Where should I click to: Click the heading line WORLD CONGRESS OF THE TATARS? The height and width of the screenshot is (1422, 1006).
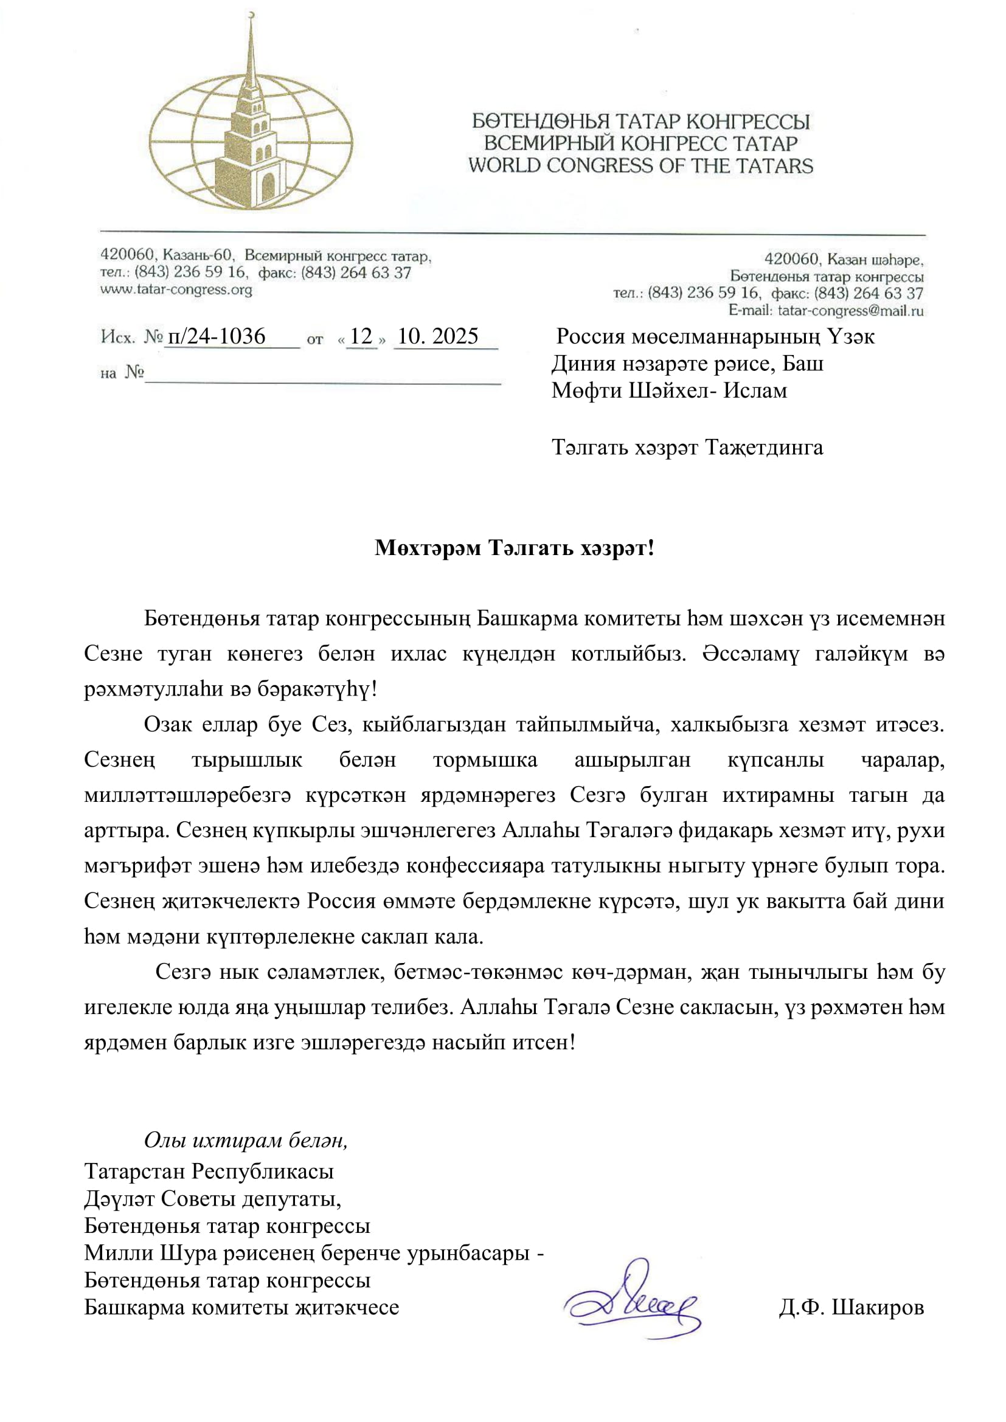pyautogui.click(x=640, y=166)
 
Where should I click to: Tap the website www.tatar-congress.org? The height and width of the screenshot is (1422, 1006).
pyautogui.click(x=176, y=290)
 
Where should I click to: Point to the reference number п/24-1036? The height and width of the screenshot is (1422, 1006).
pyautogui.click(x=217, y=336)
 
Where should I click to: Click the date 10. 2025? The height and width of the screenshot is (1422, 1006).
pyautogui.click(x=438, y=336)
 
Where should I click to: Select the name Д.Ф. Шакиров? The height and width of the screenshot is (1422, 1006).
pyautogui.click(x=851, y=1308)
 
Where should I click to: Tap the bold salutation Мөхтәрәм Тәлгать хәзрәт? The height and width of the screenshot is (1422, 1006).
pyautogui.click(x=514, y=548)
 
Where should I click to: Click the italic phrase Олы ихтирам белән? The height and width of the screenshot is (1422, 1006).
pyautogui.click(x=245, y=1140)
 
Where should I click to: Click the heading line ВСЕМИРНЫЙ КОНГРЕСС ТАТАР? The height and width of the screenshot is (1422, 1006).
pyautogui.click(x=640, y=143)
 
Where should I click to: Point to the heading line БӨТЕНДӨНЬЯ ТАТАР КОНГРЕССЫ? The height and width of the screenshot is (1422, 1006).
pyautogui.click(x=640, y=122)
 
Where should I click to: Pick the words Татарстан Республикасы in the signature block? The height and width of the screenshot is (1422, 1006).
pyautogui.click(x=209, y=1171)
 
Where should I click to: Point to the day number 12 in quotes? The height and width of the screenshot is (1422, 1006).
pyautogui.click(x=361, y=336)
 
